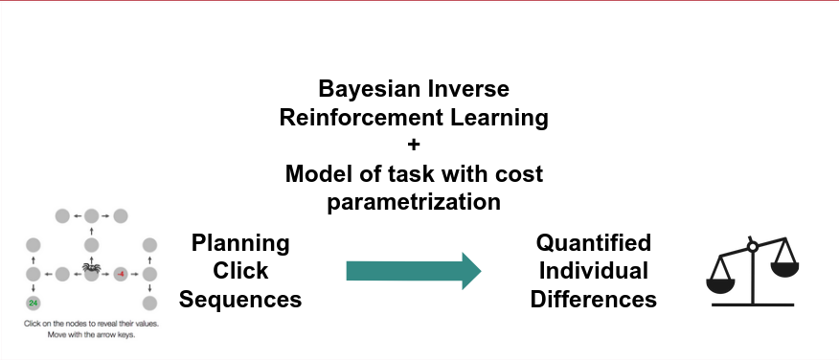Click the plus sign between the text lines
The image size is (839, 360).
click(x=414, y=146)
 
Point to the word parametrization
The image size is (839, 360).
click(x=414, y=202)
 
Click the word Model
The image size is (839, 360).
click(x=321, y=174)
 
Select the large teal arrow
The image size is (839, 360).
click(x=413, y=271)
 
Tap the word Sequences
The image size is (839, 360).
click(x=240, y=299)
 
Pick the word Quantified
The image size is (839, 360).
click(x=594, y=242)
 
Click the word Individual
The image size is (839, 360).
click(x=594, y=270)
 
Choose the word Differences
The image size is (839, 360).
click(x=594, y=299)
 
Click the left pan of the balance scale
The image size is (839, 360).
click(x=725, y=285)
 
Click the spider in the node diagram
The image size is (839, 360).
click(x=92, y=269)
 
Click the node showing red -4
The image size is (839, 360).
click(x=121, y=274)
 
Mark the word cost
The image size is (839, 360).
click(x=519, y=174)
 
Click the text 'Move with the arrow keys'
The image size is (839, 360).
click(x=92, y=334)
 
